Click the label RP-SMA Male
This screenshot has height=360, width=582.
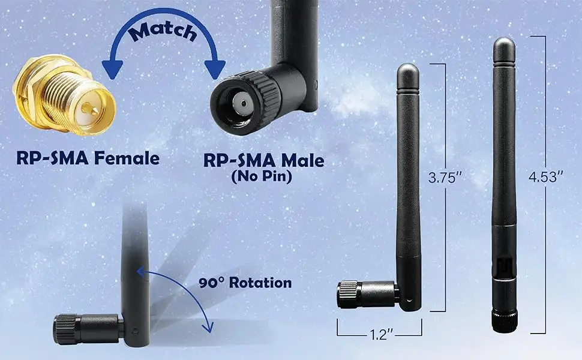click(263, 160)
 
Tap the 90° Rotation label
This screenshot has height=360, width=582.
click(245, 283)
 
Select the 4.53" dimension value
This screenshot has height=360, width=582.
click(545, 177)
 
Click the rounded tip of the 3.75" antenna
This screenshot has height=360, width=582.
click(407, 69)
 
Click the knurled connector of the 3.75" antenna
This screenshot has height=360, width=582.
click(351, 295)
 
